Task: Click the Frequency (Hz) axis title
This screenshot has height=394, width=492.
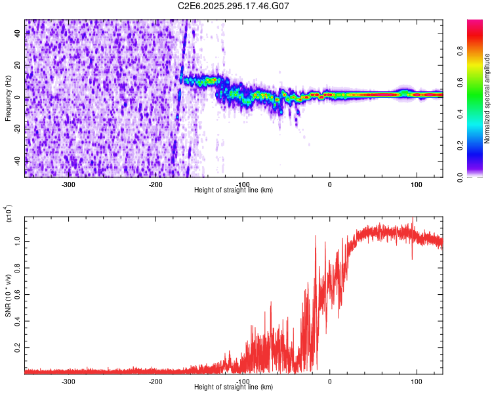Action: pyautogui.click(x=7, y=98)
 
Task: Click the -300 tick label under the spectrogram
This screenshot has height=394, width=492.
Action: pyautogui.click(x=69, y=184)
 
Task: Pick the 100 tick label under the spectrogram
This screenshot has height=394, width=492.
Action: pyautogui.click(x=416, y=184)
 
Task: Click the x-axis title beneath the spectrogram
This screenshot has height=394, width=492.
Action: pyautogui.click(x=234, y=190)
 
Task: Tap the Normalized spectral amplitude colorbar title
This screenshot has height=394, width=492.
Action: pyautogui.click(x=487, y=98)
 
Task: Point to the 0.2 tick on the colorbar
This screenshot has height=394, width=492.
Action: pyautogui.click(x=480, y=146)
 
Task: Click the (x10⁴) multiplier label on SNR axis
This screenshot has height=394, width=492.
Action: pyautogui.click(x=7, y=214)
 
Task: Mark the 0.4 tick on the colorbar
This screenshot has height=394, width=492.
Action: pyautogui.click(x=480, y=114)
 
